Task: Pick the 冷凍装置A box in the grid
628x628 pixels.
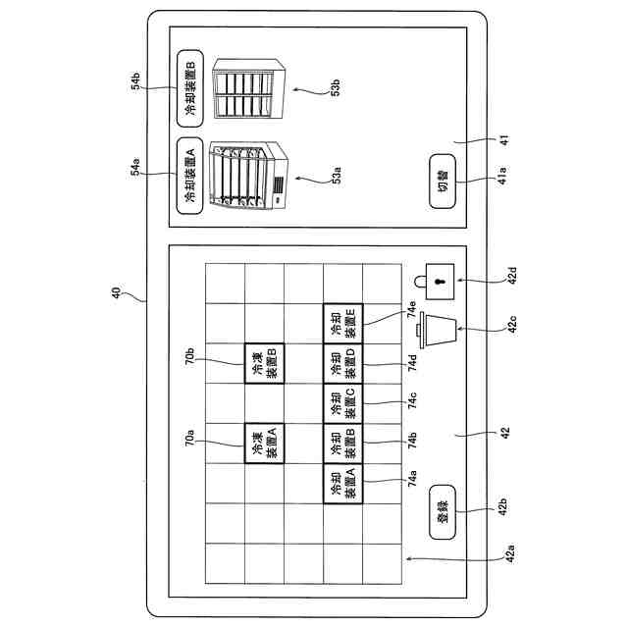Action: pos(264,444)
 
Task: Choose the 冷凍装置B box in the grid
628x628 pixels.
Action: pos(264,363)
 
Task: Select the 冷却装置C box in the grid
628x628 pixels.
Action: pos(342,403)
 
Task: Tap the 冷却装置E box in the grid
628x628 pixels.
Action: pos(342,323)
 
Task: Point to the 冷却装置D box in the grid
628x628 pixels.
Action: pos(342,363)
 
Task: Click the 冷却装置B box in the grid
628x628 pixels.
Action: pos(342,444)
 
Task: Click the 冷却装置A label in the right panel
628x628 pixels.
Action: pos(189,175)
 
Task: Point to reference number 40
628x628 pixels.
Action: pos(117,291)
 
